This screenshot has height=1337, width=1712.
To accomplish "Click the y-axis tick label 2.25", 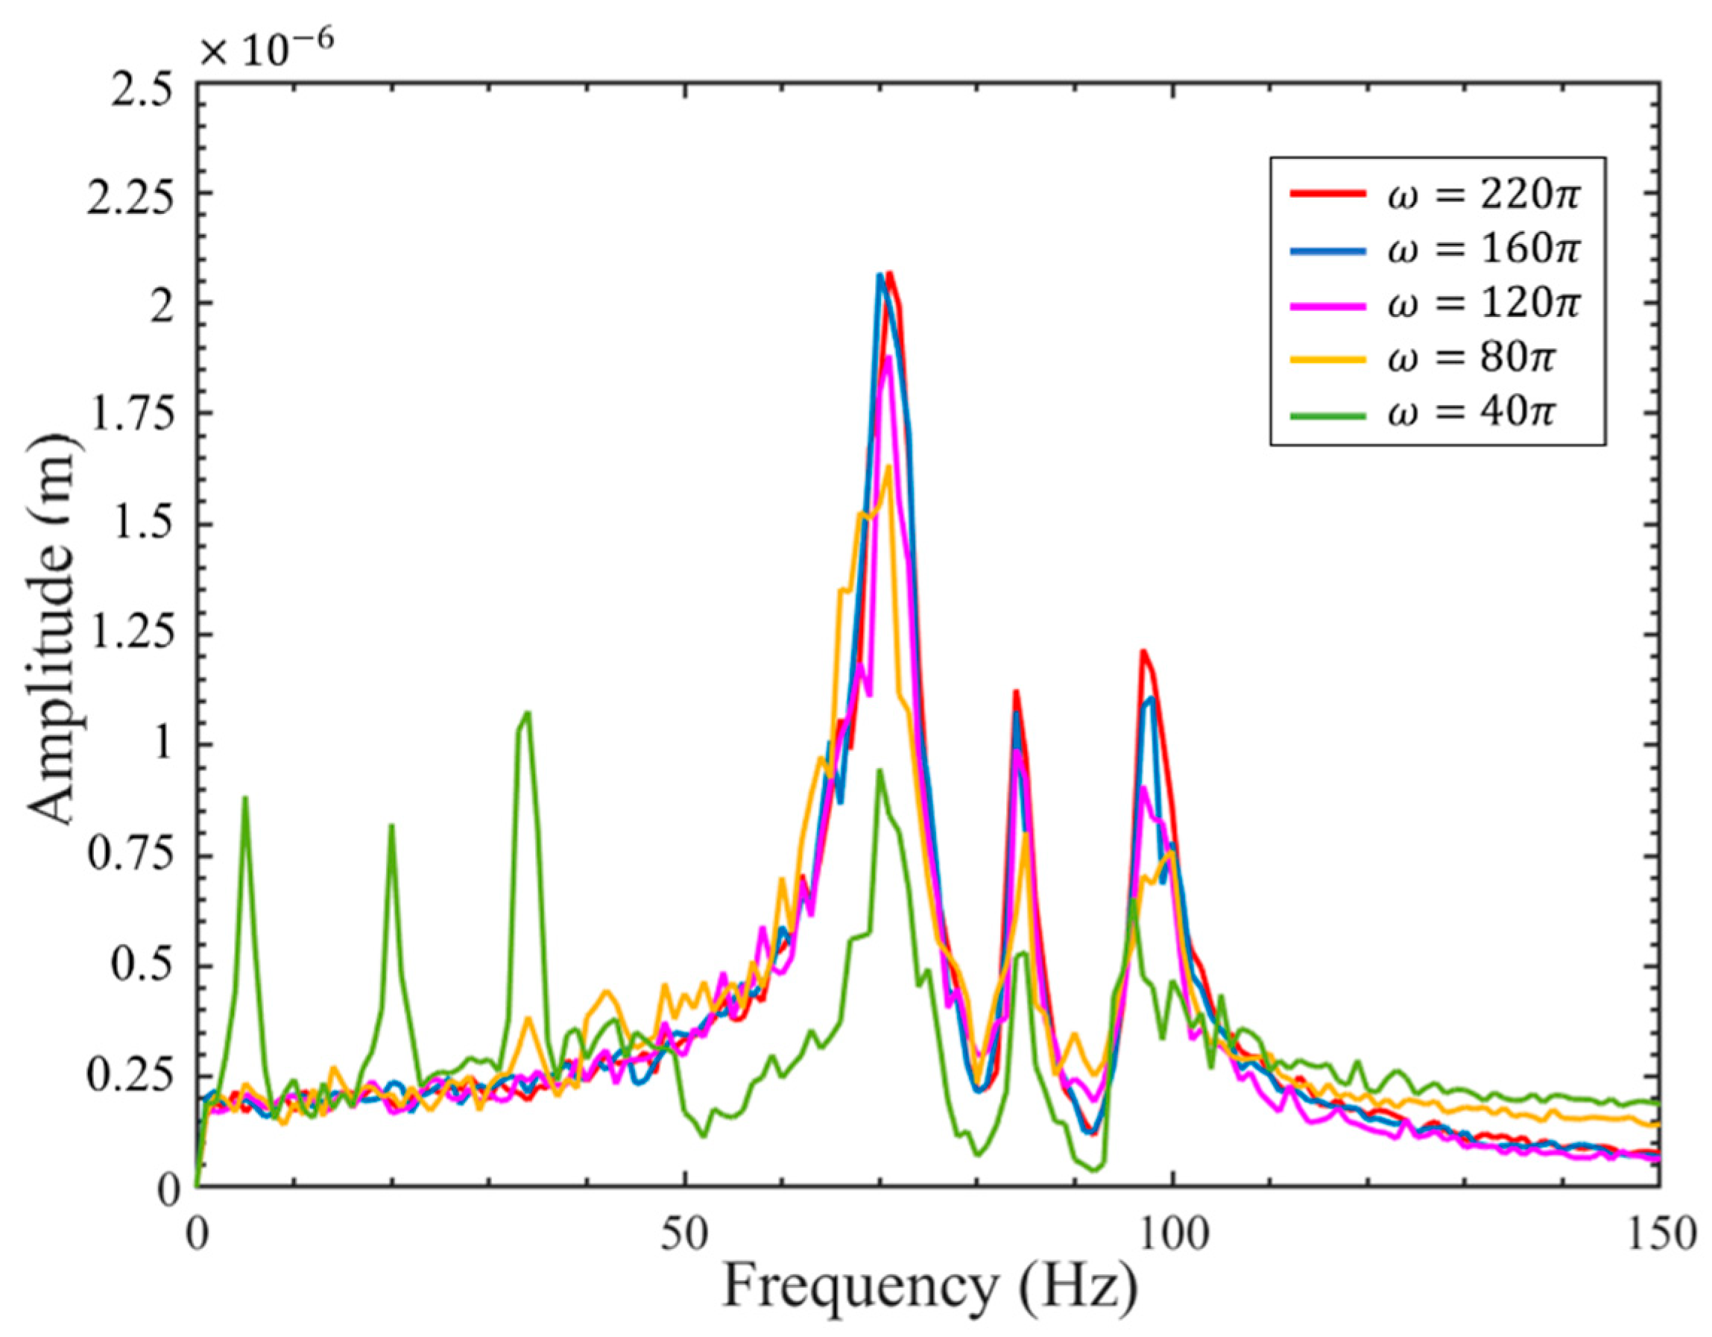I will pyautogui.click(x=130, y=193).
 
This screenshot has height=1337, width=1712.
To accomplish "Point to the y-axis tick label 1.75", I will pyautogui.click(x=130, y=413).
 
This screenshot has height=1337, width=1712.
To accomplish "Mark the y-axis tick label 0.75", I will pyautogui.click(x=130, y=855).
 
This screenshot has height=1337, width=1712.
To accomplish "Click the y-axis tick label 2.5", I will pyautogui.click(x=141, y=82).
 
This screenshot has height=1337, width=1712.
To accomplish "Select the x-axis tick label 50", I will pyautogui.click(x=685, y=1234).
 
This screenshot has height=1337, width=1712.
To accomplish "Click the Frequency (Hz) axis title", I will pyautogui.click(x=929, y=1289).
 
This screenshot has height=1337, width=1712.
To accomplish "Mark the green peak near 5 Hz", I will pyautogui.click(x=245, y=799).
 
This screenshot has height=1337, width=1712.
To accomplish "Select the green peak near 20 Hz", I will pyautogui.click(x=391, y=826).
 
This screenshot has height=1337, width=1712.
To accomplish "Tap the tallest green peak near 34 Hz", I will pyautogui.click(x=527, y=713).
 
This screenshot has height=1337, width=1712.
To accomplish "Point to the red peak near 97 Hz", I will pyautogui.click(x=1143, y=651).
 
